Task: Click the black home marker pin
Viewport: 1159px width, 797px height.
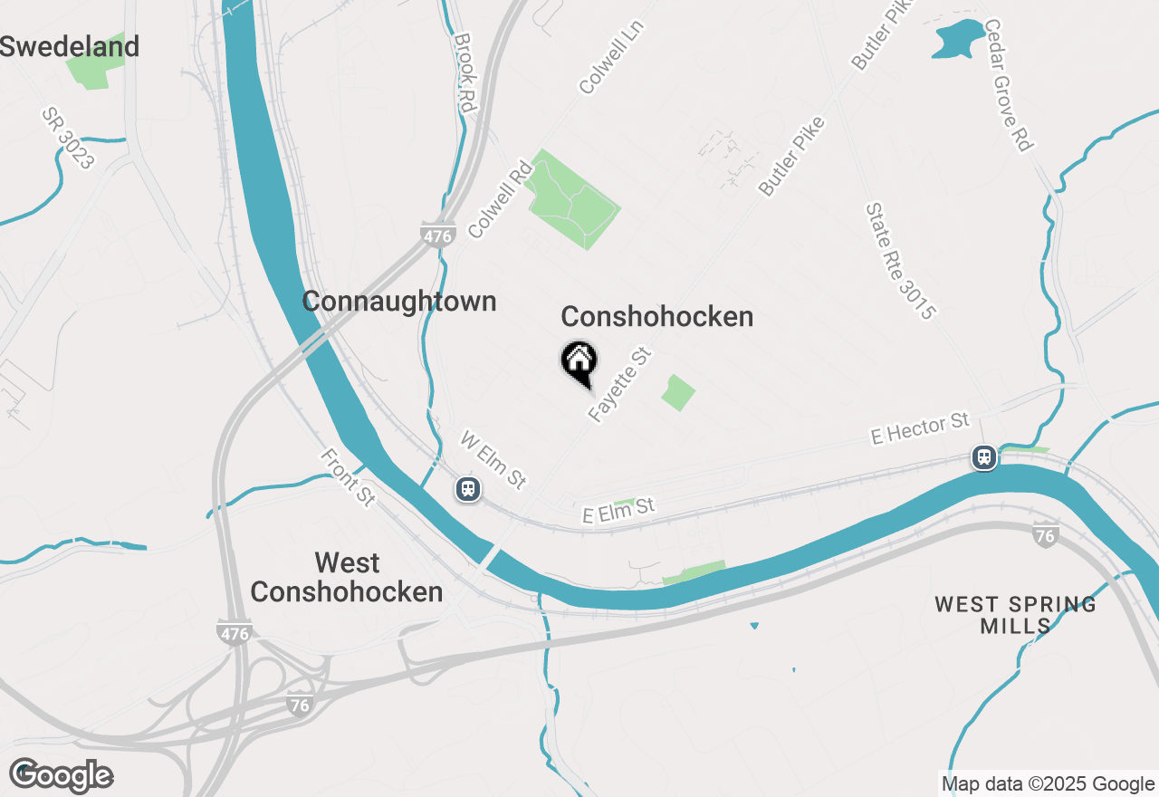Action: point(579,363)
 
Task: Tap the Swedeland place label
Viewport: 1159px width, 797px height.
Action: point(70,46)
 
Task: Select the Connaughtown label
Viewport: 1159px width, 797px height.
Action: point(399,302)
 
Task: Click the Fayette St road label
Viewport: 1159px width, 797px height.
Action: point(620,385)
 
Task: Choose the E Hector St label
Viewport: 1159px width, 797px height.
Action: point(919,429)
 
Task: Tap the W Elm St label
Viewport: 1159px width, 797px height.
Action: point(493,460)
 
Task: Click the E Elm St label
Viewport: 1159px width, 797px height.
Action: point(618,510)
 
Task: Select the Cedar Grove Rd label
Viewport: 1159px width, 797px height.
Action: point(1007,85)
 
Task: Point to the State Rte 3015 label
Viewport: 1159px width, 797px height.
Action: point(899,261)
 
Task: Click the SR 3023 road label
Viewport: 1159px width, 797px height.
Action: point(67,139)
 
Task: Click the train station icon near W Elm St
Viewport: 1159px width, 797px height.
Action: point(467,489)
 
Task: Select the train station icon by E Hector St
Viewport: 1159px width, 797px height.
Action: point(984,457)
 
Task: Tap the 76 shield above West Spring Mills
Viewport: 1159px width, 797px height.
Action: point(1045,535)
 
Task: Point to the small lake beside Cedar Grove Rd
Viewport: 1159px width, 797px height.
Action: point(958,39)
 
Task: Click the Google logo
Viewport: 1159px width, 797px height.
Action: point(61,776)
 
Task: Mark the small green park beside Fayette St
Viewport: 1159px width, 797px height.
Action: point(677,392)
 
